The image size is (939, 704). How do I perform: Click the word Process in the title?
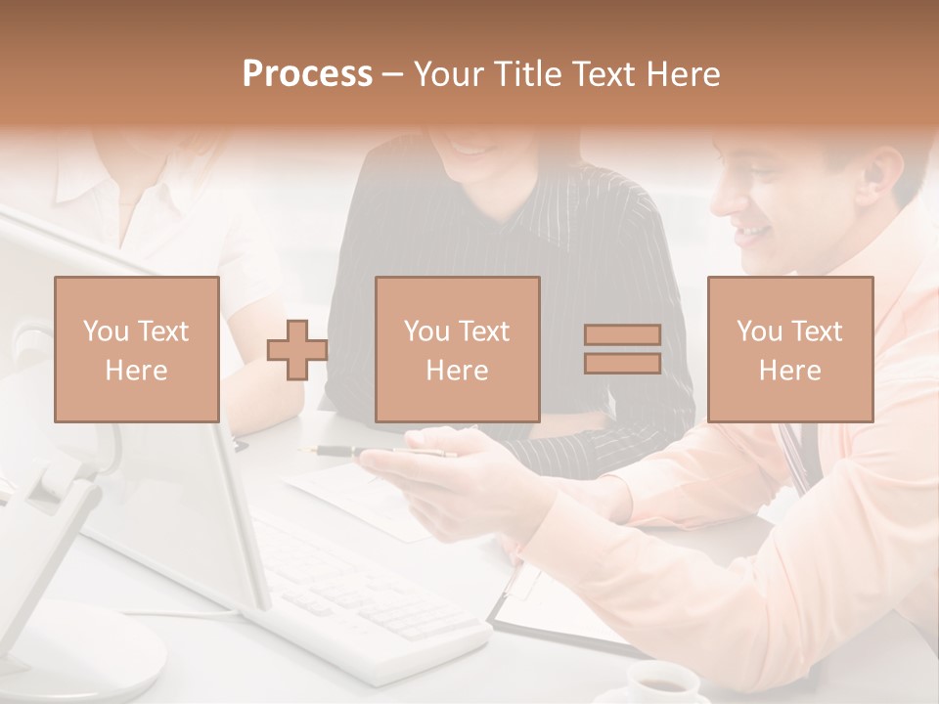click(307, 74)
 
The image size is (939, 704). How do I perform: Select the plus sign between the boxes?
click(297, 349)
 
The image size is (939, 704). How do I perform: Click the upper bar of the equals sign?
click(622, 334)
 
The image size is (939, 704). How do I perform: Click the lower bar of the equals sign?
click(622, 363)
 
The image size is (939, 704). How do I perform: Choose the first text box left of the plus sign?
click(137, 349)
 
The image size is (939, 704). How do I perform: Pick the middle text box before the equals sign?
click(457, 349)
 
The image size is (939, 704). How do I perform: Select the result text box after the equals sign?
click(789, 349)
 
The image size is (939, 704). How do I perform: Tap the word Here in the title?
click(685, 74)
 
